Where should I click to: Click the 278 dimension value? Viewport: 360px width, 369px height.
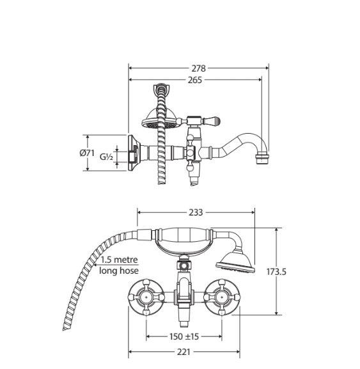199,68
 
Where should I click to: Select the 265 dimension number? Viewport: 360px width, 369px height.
195,80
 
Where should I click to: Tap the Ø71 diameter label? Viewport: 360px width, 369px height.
87,153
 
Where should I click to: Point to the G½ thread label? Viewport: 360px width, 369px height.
107,157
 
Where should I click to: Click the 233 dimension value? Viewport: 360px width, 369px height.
196,212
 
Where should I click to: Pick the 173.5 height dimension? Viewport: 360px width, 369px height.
276,272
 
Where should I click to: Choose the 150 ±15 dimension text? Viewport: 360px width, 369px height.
184,336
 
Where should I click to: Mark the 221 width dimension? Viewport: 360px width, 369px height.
184,352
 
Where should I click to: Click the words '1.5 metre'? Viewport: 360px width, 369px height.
120,260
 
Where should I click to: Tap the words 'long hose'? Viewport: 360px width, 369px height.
119,271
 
